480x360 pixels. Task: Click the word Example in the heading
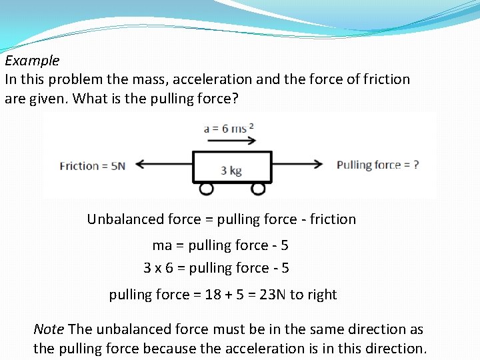click(x=32, y=61)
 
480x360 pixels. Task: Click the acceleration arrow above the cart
click(x=230, y=141)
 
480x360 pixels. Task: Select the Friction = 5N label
click(x=92, y=166)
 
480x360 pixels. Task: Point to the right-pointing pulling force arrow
click(x=298, y=165)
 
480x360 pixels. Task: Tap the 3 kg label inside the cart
click(x=231, y=170)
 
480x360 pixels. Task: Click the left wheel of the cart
click(x=207, y=189)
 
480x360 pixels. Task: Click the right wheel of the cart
click(x=258, y=189)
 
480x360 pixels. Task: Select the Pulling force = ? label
click(x=377, y=165)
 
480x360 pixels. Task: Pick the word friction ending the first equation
click(x=333, y=219)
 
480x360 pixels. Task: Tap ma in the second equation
click(x=162, y=245)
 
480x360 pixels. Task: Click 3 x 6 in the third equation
click(x=159, y=268)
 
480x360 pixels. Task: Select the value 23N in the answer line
click(x=273, y=295)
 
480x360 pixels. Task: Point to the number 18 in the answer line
click(x=213, y=295)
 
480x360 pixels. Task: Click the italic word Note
click(x=49, y=329)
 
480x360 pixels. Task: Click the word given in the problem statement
click(x=47, y=99)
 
